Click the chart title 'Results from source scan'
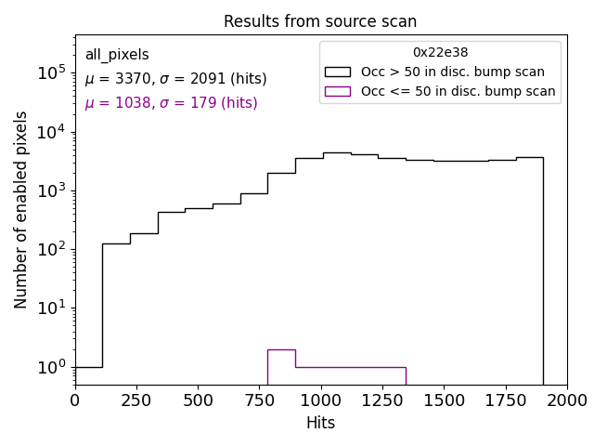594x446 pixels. pos(320,21)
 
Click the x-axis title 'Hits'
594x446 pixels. pos(320,423)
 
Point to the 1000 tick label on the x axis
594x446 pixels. pos(321,400)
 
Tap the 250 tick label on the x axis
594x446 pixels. pos(136,400)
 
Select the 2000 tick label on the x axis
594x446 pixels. pos(567,400)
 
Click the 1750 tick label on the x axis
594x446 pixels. pos(505,400)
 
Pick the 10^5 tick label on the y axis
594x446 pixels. pos(51,72)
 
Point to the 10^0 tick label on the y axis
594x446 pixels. pos(51,367)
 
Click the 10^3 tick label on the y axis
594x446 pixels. pos(51,190)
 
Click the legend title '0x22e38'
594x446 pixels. pos(440,53)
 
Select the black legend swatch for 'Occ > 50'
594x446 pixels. pos(338,72)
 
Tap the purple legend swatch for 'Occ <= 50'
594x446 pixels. pos(338,91)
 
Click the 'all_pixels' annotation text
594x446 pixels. pos(117,55)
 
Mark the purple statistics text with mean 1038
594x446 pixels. pos(171,103)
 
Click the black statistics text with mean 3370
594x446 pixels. pos(175,79)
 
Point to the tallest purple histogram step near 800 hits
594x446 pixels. pos(281,349)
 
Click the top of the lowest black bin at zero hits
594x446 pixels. pos(88,367)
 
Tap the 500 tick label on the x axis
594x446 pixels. pos(198,400)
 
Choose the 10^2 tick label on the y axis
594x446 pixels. pos(51,249)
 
